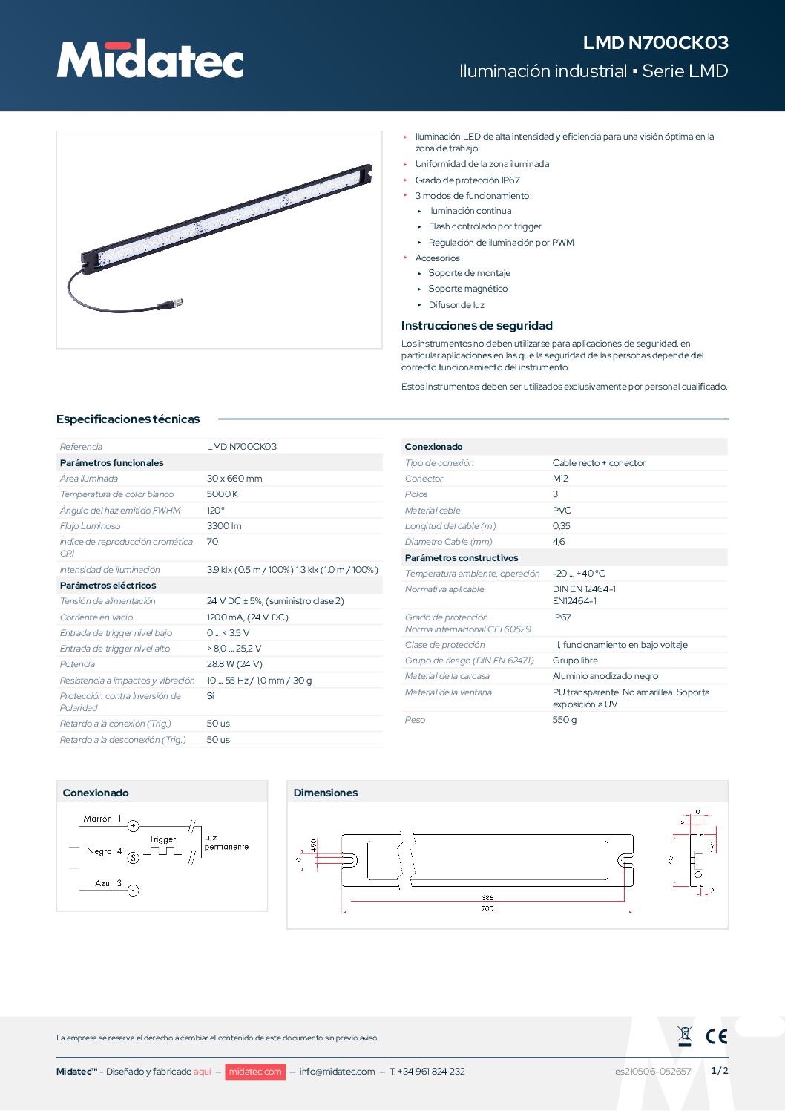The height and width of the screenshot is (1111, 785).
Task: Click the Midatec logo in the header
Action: (x=150, y=59)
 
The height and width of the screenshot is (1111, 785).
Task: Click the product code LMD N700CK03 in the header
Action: (x=655, y=43)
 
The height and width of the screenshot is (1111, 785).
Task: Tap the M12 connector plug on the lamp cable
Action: (x=171, y=303)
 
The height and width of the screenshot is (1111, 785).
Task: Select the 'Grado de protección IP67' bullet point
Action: (x=467, y=180)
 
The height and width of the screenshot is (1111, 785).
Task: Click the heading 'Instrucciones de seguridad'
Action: (x=476, y=326)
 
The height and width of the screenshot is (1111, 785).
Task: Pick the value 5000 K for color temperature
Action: (x=223, y=494)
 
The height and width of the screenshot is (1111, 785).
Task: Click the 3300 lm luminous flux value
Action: (x=224, y=526)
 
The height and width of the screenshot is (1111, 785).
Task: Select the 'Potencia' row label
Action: (x=78, y=664)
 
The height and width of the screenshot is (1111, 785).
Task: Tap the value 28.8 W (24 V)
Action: (x=234, y=664)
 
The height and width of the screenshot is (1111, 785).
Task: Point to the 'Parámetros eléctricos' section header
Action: (x=108, y=586)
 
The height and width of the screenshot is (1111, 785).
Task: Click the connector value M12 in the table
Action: (x=560, y=479)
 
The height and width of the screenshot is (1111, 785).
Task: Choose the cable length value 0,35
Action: (x=562, y=526)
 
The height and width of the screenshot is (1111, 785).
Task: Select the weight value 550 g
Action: (x=565, y=720)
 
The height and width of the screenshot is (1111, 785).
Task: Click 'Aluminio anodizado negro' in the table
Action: (x=605, y=676)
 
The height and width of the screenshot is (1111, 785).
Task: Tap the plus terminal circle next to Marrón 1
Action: (x=134, y=826)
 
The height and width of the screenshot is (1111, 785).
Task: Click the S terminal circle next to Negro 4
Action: (x=134, y=858)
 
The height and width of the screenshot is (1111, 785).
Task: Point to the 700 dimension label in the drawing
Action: (x=487, y=908)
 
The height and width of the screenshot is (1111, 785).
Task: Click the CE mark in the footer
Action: (x=716, y=1036)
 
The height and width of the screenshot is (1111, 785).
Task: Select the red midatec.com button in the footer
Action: (x=254, y=1072)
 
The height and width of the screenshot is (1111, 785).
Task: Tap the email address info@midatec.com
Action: (x=337, y=1072)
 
